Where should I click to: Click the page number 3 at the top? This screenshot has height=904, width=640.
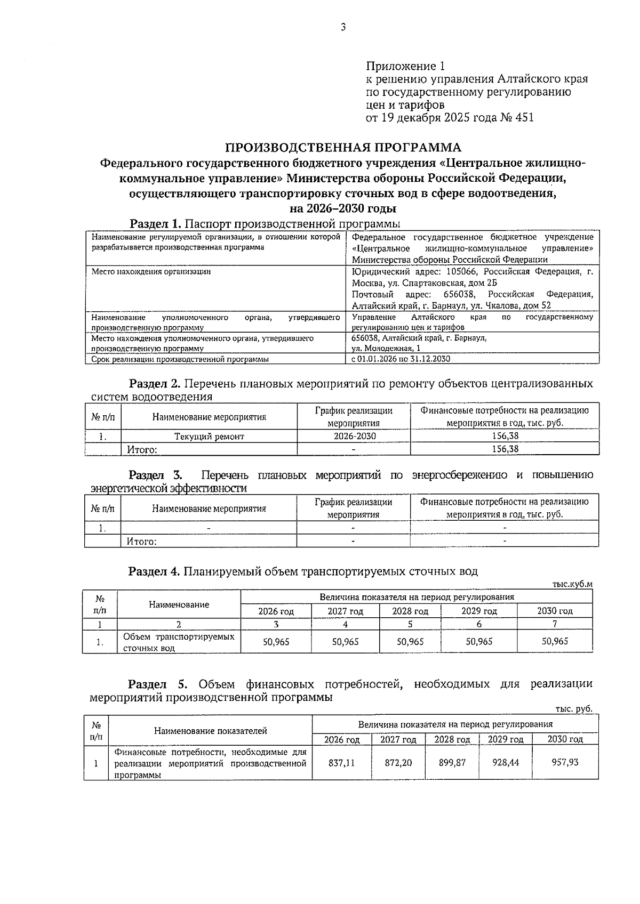343,27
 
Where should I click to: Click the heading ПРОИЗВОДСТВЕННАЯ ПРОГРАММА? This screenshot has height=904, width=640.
343,147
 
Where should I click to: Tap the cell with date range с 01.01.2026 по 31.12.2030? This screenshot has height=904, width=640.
401,359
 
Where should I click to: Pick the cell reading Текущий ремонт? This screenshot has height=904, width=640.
209,437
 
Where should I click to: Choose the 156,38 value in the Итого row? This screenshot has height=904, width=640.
505,449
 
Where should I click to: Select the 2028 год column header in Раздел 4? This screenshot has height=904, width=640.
410,611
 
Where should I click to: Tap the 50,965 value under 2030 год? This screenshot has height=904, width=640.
555,641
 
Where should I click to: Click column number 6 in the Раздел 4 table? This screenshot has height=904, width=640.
479,624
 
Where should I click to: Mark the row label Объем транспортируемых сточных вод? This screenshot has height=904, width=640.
178,642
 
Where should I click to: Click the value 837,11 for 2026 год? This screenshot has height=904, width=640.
341,763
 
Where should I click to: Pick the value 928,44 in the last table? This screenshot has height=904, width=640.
506,763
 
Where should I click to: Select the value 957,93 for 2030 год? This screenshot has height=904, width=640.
565,763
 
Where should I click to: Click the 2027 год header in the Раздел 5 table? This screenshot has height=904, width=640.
398,739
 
